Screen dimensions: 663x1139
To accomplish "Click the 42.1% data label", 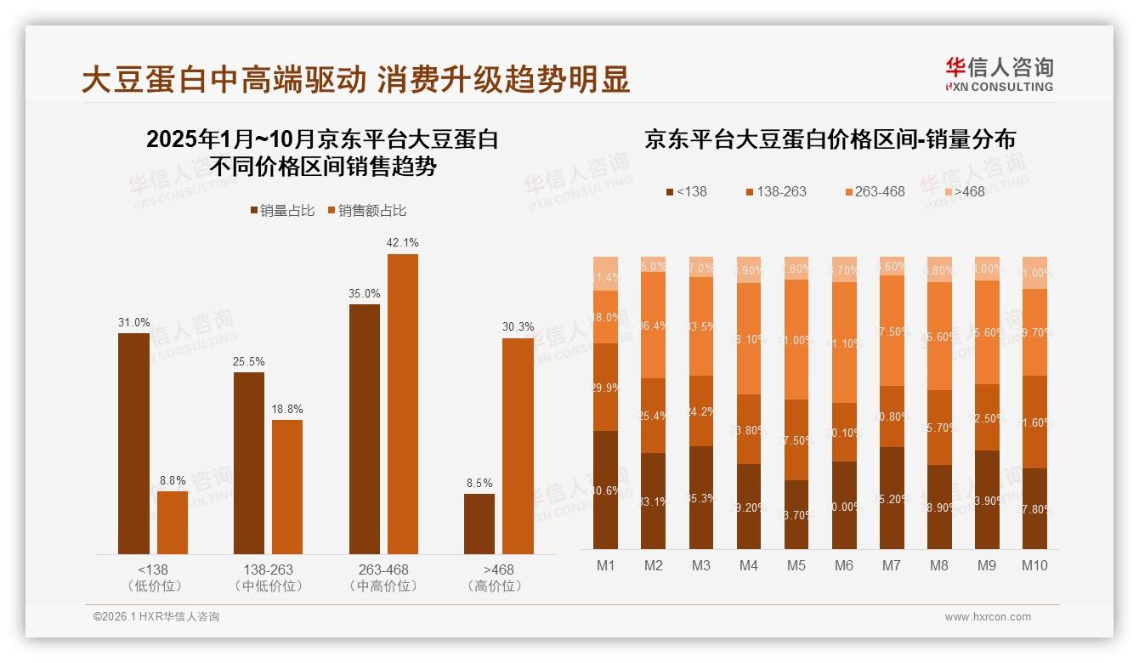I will tap(402, 242).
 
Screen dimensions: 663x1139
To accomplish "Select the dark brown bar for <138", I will tap(133, 443).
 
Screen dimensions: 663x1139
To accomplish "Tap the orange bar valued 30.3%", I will tap(518, 445).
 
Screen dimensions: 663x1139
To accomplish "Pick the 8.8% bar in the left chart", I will tap(173, 522).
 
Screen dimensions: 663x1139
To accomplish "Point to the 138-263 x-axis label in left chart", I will tap(268, 569).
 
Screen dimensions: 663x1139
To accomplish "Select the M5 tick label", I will tap(796, 565).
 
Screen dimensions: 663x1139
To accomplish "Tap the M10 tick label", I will tap(1034, 565).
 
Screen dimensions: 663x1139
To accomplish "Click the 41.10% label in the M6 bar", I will tap(844, 343).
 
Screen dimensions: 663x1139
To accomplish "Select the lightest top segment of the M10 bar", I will tap(1034, 272).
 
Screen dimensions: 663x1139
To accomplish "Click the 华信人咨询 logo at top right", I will tap(999, 74).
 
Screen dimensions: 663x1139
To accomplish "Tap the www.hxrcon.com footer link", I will tap(988, 617).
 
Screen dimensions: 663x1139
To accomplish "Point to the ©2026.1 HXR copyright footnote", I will tap(156, 617).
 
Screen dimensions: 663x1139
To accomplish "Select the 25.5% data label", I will tap(248, 361).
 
